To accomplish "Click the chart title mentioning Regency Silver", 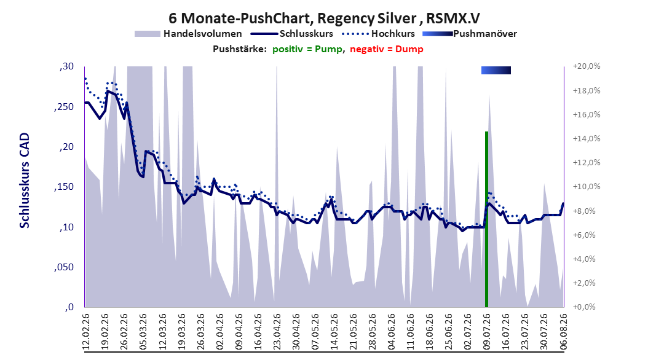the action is click(x=324, y=18).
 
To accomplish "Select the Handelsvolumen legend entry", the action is click(x=189, y=34).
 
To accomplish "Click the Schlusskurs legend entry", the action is click(x=292, y=34).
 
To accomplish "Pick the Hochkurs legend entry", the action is click(x=378, y=34).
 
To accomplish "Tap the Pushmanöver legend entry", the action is click(x=470, y=34).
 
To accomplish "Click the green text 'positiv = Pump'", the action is click(x=307, y=49).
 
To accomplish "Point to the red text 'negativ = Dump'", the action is click(x=387, y=49).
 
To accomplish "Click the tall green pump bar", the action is click(x=486, y=219).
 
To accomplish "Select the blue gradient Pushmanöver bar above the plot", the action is click(x=496, y=71).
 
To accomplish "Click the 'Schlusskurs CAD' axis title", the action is click(x=25, y=181).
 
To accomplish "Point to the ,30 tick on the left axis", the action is click(x=66, y=66).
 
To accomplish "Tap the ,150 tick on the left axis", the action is click(x=64, y=187).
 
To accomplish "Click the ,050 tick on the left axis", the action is click(x=64, y=267).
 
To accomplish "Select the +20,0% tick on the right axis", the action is click(x=587, y=66).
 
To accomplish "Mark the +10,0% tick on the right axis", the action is click(x=587, y=187).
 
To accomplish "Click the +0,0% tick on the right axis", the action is click(x=584, y=307).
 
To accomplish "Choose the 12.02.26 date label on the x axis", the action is click(x=86, y=332).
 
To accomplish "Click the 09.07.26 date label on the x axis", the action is click(x=486, y=332).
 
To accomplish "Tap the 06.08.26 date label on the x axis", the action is click(x=563, y=332).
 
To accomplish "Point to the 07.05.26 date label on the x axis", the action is click(x=315, y=332).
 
